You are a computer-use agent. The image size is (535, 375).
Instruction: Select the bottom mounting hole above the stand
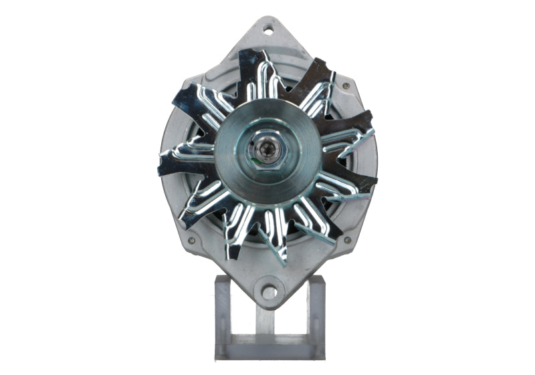268,293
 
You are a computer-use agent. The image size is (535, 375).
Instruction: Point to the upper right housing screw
346,86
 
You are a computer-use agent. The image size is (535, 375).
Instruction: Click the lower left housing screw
191,241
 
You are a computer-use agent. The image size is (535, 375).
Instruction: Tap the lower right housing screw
346,239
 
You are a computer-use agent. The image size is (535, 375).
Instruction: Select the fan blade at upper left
197,100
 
